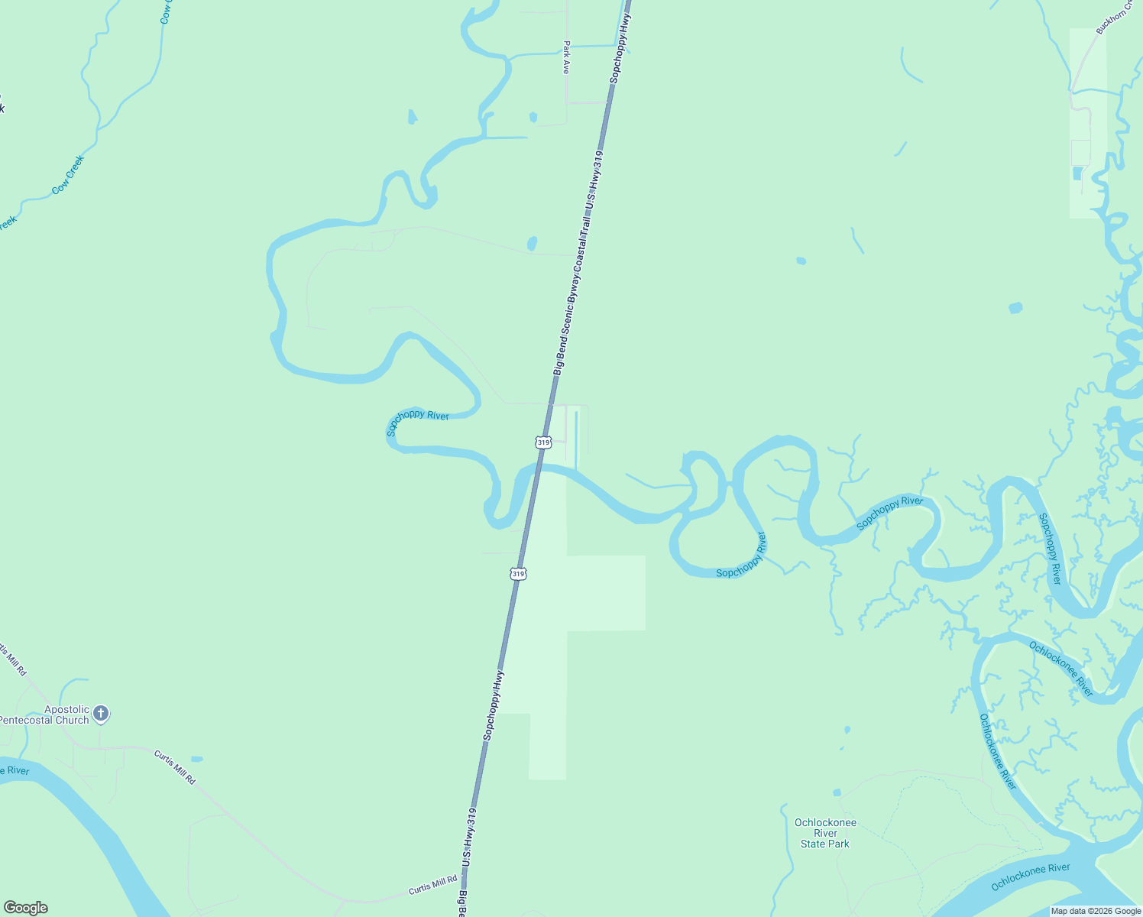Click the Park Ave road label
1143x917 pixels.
(566, 57)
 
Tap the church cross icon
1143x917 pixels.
(101, 714)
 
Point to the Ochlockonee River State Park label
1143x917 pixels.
(825, 833)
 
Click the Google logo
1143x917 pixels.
(26, 908)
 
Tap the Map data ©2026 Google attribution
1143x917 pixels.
(1096, 911)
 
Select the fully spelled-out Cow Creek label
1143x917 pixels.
(68, 175)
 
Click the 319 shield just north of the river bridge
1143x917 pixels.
(543, 442)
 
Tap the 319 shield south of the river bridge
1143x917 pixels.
(518, 573)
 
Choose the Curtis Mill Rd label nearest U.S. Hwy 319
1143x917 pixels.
(432, 886)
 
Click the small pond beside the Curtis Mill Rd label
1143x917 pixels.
(197, 760)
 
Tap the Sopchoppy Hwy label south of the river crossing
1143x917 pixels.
(494, 705)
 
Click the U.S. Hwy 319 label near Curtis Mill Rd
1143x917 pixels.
(469, 838)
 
